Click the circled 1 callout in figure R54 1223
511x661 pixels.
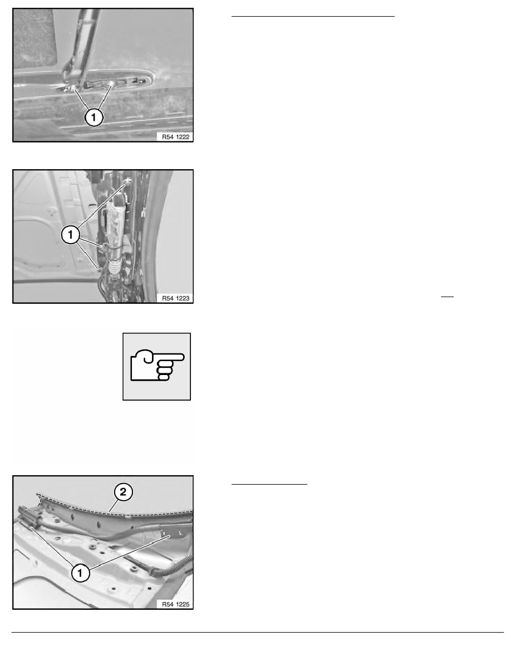click(x=71, y=235)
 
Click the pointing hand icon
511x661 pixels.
click(x=156, y=366)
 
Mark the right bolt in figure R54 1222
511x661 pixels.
click(x=112, y=82)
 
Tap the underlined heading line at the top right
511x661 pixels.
click(x=312, y=17)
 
